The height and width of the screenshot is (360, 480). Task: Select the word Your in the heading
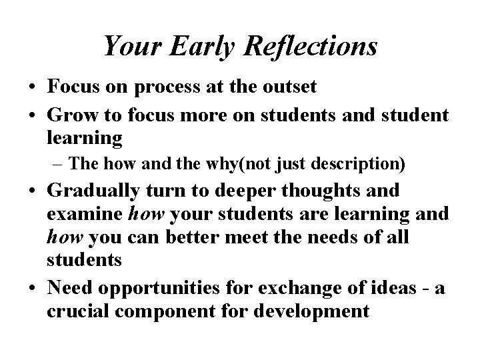pyautogui.click(x=129, y=47)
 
